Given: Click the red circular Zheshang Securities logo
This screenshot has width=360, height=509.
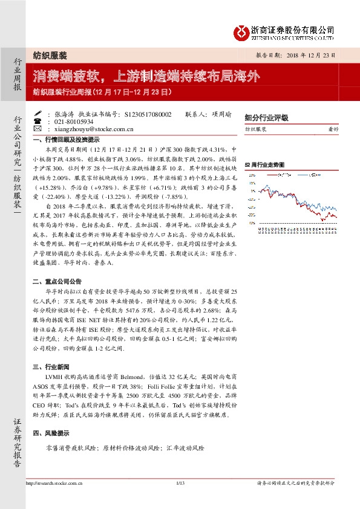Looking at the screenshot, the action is (x=243, y=30).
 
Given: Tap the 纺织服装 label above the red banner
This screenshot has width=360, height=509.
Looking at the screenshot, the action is (x=49, y=55).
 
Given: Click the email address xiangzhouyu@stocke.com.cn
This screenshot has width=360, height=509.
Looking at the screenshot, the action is (x=93, y=128).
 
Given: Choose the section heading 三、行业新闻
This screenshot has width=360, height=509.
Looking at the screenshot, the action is (x=54, y=367).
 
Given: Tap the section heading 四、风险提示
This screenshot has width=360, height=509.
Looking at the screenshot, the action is (x=54, y=434).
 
